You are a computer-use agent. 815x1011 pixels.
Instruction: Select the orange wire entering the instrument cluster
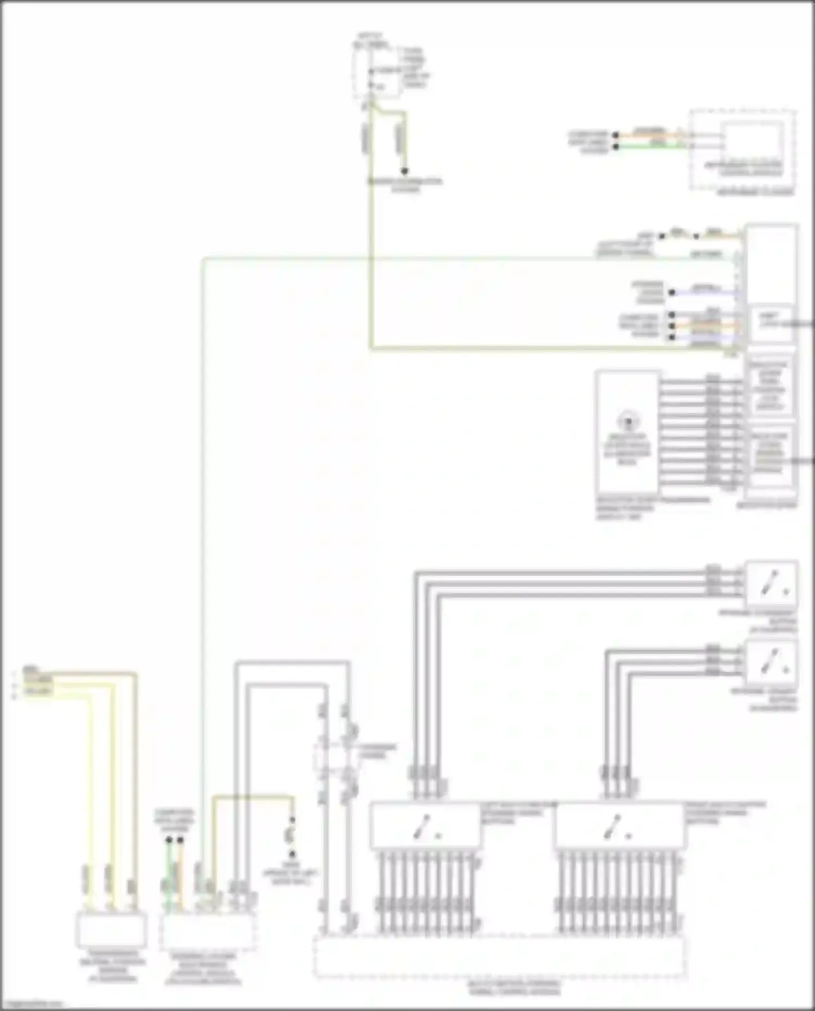(x=652, y=134)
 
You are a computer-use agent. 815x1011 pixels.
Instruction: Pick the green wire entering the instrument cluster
(x=652, y=146)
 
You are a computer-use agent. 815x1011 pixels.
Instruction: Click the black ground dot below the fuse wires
(x=404, y=171)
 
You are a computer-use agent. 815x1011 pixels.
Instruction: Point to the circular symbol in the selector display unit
(x=628, y=421)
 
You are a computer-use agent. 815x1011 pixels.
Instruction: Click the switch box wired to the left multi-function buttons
(x=772, y=583)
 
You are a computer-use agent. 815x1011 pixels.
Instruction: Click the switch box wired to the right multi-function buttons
(x=772, y=663)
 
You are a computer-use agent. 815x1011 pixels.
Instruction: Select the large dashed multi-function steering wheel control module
(x=499, y=955)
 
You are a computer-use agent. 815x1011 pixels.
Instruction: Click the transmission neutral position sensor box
(x=111, y=930)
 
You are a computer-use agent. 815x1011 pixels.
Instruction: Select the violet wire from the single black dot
(x=706, y=292)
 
